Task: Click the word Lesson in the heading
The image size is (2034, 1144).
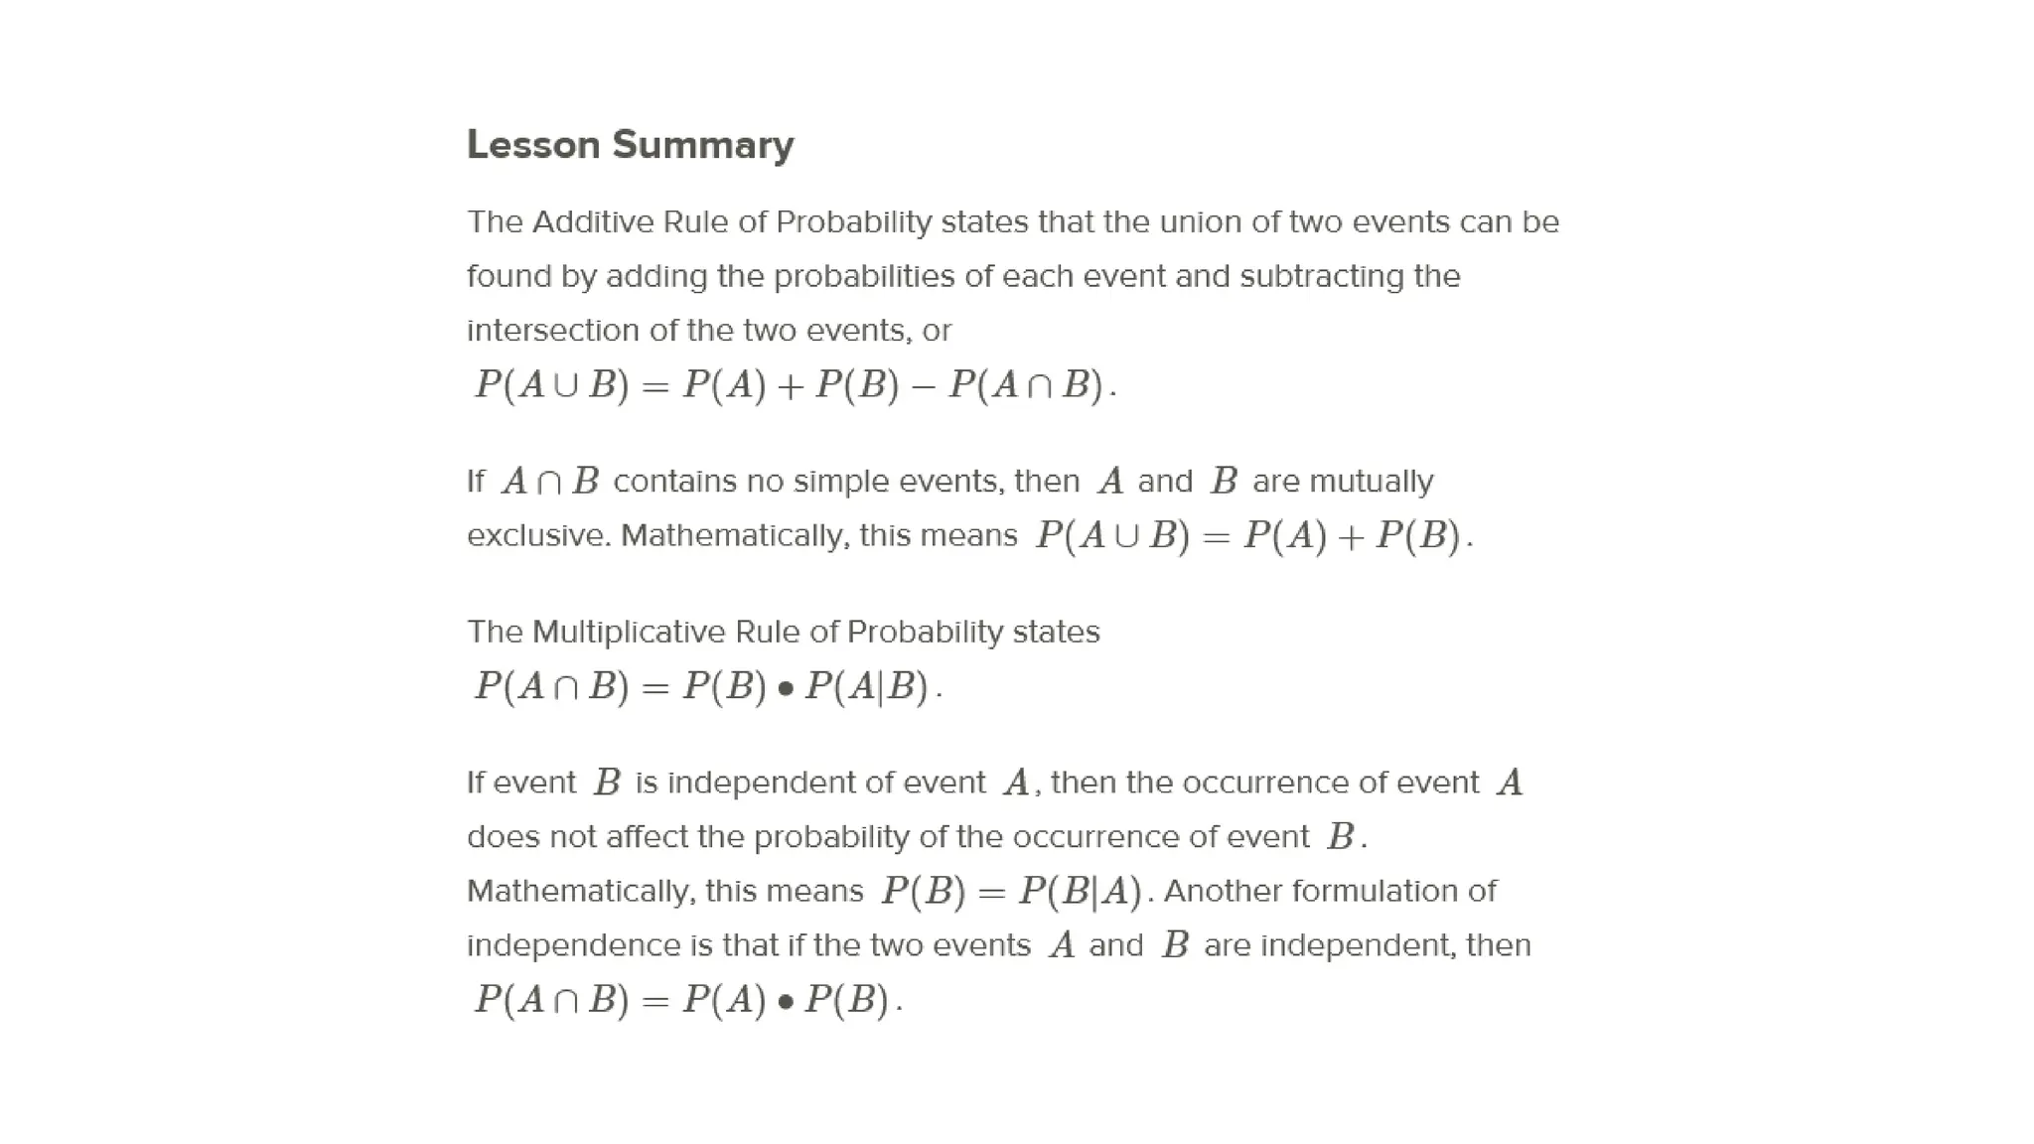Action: click(533, 145)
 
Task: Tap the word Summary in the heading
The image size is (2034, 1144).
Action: click(703, 145)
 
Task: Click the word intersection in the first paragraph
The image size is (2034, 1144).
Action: click(553, 331)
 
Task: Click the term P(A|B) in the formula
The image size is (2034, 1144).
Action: click(867, 686)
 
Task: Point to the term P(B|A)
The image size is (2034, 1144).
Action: click(1081, 891)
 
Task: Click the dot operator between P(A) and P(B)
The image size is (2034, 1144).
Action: click(786, 1001)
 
